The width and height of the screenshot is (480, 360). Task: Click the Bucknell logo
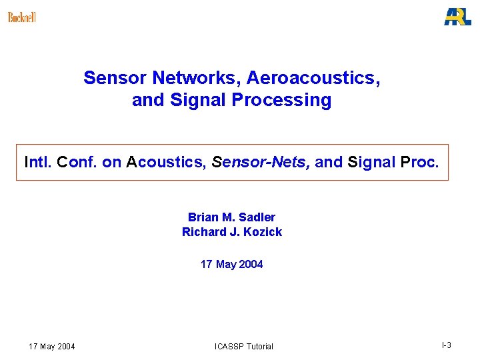click(x=22, y=17)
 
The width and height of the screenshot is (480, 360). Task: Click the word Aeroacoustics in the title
click(x=313, y=78)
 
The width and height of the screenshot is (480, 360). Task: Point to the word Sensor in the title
click(x=115, y=78)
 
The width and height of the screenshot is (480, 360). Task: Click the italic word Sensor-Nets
click(x=261, y=162)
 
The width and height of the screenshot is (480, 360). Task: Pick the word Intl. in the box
click(x=39, y=162)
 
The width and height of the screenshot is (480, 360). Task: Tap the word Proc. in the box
click(x=419, y=162)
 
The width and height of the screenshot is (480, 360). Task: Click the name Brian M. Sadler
click(x=231, y=217)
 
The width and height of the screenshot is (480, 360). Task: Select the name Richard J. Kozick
click(x=231, y=232)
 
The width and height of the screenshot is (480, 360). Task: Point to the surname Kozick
click(x=263, y=232)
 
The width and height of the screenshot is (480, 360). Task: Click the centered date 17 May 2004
click(x=231, y=265)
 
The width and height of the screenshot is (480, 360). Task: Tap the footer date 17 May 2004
click(x=52, y=346)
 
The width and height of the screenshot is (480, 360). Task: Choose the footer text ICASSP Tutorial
click(x=244, y=346)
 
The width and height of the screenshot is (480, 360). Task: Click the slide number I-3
click(x=446, y=345)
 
